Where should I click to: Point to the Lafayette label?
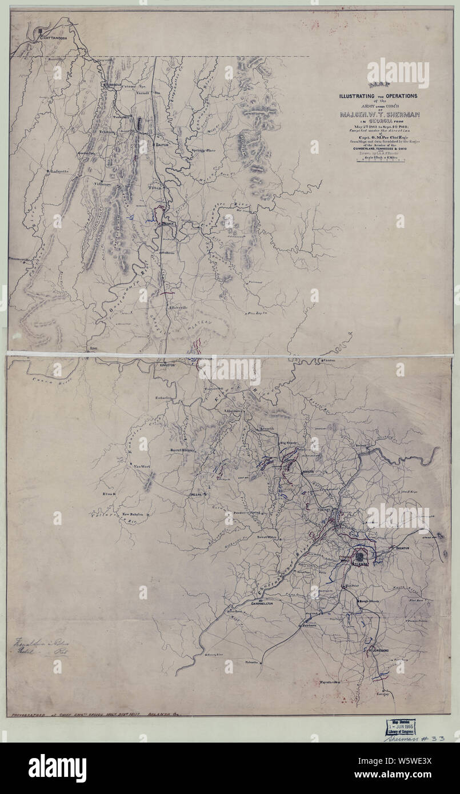(59, 171)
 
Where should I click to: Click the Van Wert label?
(141, 467)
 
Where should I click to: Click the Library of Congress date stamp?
(401, 724)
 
